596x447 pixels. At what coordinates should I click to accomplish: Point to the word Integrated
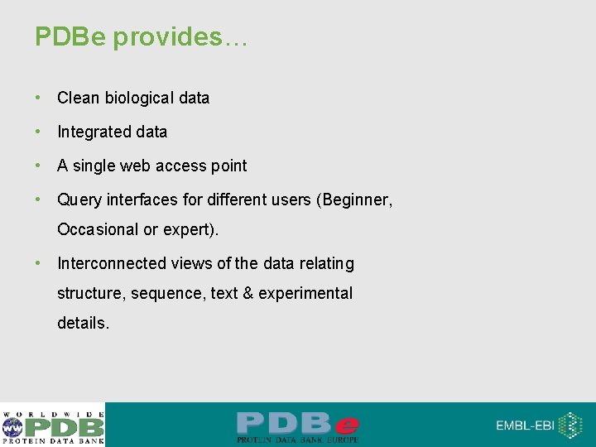88,132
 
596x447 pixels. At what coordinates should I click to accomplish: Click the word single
94,166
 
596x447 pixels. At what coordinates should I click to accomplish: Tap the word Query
78,199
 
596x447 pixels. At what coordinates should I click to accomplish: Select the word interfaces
142,199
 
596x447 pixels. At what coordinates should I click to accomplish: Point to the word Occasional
98,229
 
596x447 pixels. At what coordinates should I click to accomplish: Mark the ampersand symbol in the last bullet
248,293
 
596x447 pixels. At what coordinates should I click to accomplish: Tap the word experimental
305,293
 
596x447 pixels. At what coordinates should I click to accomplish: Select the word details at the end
83,323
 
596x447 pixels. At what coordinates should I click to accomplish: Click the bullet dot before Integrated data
38,132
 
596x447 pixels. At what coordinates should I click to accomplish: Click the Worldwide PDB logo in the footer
53,425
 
